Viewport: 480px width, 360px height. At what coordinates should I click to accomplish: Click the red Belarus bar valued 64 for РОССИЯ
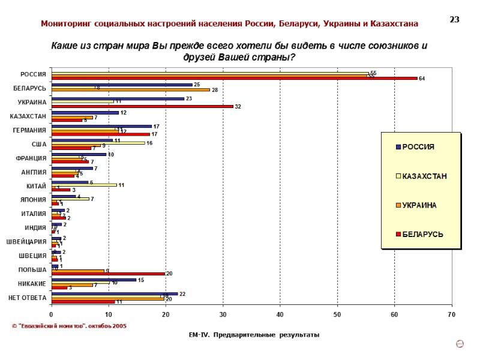234,78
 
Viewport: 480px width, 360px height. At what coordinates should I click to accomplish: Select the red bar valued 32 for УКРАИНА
142,106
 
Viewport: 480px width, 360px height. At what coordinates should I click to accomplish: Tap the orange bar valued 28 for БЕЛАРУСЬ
131,89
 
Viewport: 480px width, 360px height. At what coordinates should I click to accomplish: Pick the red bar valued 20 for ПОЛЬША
108,274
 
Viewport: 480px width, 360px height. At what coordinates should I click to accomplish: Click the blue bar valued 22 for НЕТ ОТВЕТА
115,293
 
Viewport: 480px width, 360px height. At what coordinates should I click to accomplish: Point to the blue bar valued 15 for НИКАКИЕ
94,280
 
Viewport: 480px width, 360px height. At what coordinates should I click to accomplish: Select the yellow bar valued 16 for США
98,143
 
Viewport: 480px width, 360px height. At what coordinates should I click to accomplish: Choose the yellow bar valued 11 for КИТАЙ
83,185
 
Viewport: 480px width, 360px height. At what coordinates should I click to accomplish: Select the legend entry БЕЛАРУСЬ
422,234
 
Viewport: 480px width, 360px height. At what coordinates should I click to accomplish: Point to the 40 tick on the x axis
280,314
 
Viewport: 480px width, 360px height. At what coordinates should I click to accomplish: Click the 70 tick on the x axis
451,314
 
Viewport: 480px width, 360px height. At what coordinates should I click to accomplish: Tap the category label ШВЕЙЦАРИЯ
26,242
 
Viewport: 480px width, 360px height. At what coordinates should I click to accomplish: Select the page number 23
454,20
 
